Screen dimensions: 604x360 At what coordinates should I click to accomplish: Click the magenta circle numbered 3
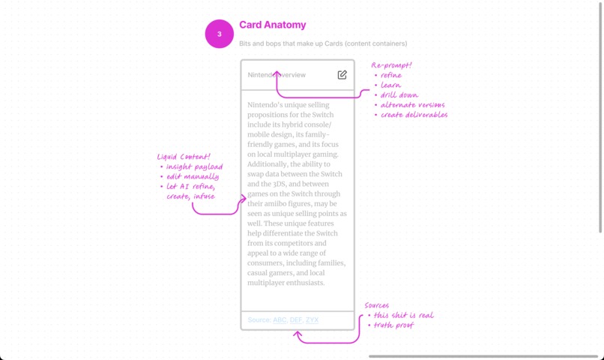pos(219,34)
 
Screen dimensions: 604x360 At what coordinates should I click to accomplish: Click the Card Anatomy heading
pos(272,25)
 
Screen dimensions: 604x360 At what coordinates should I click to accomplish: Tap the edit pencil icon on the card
pos(342,75)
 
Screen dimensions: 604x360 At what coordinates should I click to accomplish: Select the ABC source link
pos(280,320)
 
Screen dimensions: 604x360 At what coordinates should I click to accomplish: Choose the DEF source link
pos(296,320)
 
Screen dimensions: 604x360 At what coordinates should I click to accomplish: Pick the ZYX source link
pos(312,320)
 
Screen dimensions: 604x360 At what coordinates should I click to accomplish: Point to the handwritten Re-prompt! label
pos(391,65)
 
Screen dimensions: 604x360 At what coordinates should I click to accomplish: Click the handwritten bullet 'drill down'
pos(399,94)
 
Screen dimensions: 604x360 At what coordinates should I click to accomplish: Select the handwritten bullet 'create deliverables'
pos(414,115)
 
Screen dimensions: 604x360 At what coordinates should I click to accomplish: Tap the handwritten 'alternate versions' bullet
pos(413,105)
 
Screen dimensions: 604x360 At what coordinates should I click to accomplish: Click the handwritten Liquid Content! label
pos(184,157)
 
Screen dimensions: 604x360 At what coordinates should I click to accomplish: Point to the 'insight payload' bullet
pos(195,167)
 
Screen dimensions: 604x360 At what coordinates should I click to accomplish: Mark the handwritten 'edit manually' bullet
pos(193,176)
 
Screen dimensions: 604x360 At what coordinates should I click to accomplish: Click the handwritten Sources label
pos(377,305)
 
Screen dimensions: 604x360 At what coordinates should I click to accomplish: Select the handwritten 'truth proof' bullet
pos(393,325)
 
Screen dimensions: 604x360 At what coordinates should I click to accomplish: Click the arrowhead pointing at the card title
pos(277,73)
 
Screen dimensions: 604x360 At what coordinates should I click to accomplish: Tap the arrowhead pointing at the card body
pos(244,199)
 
